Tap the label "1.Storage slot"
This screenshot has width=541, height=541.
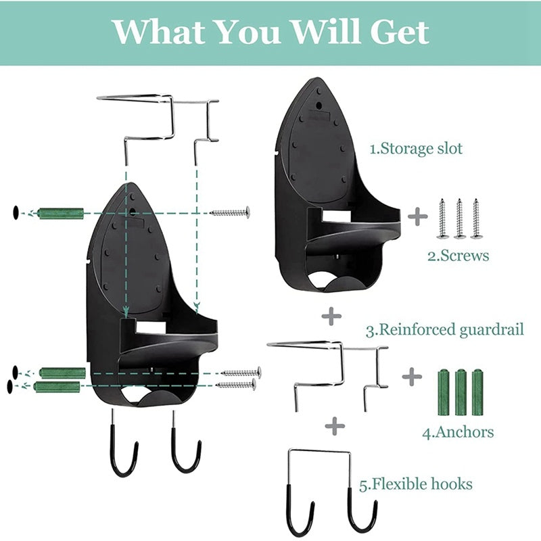click(x=417, y=149)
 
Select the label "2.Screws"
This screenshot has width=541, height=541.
click(x=458, y=256)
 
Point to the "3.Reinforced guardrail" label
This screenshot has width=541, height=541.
click(x=445, y=330)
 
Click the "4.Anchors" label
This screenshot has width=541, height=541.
click(x=458, y=431)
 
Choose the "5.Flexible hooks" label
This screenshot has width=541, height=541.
click(x=416, y=484)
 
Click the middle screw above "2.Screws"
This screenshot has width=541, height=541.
click(x=460, y=218)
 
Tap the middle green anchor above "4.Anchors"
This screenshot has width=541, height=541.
click(x=461, y=392)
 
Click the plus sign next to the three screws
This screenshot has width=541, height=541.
click(x=418, y=217)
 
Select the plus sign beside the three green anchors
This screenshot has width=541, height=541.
click(x=411, y=377)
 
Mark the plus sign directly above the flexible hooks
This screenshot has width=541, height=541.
click(x=335, y=425)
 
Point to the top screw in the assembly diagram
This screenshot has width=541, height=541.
click(x=230, y=212)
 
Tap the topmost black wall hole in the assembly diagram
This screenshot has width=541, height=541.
click(x=15, y=214)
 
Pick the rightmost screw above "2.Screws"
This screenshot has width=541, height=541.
click(x=477, y=218)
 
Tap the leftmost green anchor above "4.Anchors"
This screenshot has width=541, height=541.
click(x=444, y=392)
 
